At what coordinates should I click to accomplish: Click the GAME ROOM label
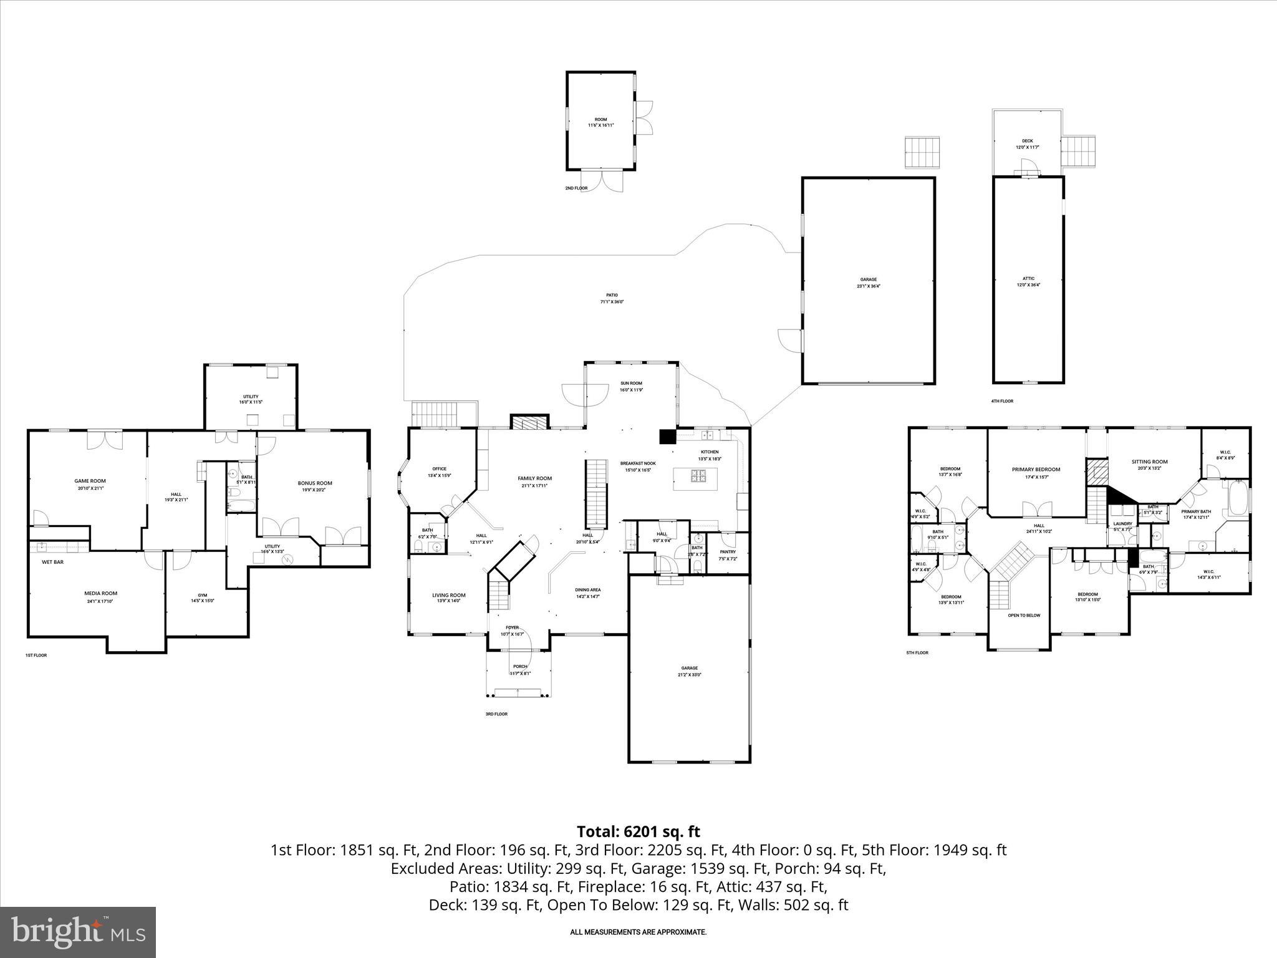(x=90, y=481)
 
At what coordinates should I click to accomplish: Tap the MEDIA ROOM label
(x=100, y=593)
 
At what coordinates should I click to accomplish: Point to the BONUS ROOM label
(x=315, y=483)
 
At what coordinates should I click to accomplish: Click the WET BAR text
(x=52, y=562)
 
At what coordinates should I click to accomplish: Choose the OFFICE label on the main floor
(x=439, y=469)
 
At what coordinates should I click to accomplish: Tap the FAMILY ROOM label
(x=534, y=478)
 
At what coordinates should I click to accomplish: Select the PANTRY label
(x=728, y=551)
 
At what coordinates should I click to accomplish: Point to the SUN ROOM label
(x=630, y=384)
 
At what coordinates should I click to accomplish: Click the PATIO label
(x=612, y=295)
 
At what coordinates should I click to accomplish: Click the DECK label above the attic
(x=1028, y=141)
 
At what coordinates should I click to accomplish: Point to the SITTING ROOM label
(x=1149, y=462)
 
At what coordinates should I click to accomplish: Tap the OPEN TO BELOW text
(x=1024, y=616)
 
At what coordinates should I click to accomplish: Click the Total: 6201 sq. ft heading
(x=638, y=831)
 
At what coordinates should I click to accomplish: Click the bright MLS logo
(x=78, y=932)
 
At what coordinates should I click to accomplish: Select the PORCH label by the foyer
(x=519, y=667)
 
